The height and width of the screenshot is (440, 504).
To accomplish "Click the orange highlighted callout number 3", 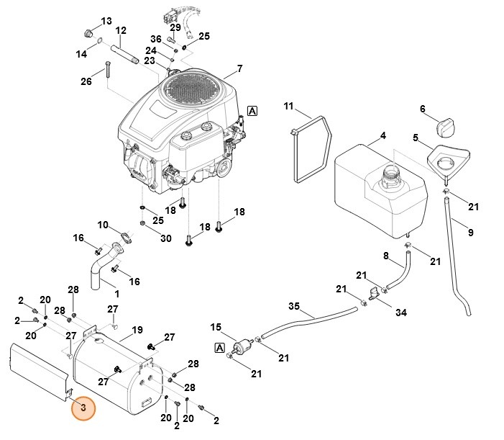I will tap(83, 408).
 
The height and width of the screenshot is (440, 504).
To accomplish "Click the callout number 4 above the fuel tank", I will tap(382, 135).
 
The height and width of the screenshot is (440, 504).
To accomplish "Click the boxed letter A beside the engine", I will tap(252, 110).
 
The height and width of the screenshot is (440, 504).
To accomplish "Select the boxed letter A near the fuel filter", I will tap(219, 348).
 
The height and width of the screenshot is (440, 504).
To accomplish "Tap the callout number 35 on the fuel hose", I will tap(293, 307).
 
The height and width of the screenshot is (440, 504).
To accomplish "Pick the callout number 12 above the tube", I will tap(121, 31).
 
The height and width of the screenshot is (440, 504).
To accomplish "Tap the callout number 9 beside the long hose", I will tap(470, 233).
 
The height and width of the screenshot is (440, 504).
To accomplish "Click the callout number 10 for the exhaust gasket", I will tap(103, 225).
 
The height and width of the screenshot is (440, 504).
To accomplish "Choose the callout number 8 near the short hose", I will tap(385, 256).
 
